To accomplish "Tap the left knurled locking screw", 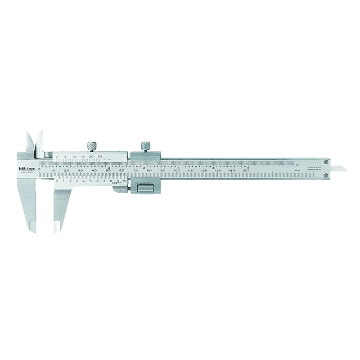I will (91, 146).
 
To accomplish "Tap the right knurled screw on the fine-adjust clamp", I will (145, 146).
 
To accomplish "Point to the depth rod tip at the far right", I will (343, 170).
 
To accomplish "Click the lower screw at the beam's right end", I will (326, 181).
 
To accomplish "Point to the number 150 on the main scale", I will (245, 171).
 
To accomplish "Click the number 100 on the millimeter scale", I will (177, 171).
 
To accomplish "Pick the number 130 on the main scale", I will (218, 171).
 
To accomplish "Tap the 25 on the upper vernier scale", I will (100, 156).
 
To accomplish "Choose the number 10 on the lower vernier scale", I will (124, 180).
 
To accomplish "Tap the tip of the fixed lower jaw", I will (33, 229).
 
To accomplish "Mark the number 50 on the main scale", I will (108, 171).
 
